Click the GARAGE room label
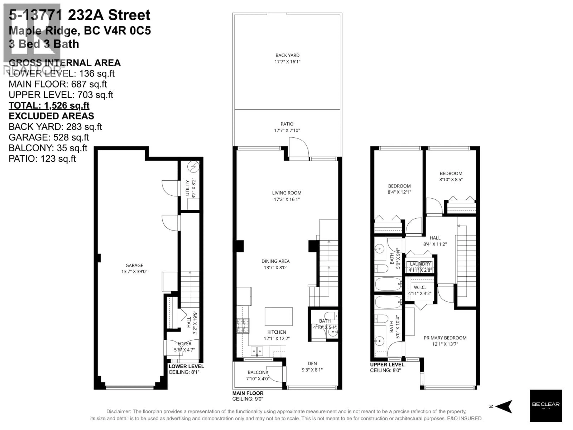point(134,265)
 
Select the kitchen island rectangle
point(278,317)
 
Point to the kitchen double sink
point(257,351)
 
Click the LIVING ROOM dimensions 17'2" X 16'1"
point(287,199)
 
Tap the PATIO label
point(287,124)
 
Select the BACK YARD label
point(287,55)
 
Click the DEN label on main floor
point(312,363)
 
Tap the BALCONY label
point(258,372)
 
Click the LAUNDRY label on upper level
point(420,264)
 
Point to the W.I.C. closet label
point(420,287)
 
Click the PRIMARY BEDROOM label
point(445,338)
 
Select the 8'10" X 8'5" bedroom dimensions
point(451,179)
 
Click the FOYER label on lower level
point(184,343)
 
